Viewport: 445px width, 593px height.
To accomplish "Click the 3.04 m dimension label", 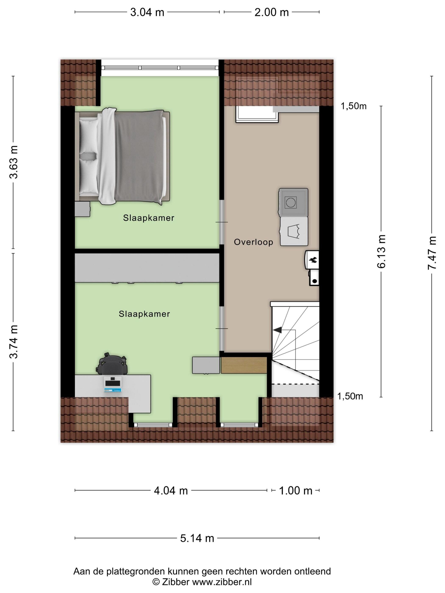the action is coord(147,12).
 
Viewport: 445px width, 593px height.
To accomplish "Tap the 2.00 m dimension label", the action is coord(271,12).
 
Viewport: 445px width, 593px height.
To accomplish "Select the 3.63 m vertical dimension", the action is coord(13,162).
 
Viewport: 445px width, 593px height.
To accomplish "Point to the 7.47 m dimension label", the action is coord(432,253).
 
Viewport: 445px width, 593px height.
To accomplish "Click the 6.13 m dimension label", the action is coord(381,251).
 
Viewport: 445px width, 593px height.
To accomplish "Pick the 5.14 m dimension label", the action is coord(197,538).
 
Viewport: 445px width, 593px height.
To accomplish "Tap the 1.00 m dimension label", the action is coord(296,490).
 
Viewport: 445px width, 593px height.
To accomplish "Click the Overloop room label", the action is coord(253,242).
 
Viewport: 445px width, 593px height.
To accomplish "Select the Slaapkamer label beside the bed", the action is coord(149,218).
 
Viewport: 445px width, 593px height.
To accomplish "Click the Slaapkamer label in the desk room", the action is coord(144,314).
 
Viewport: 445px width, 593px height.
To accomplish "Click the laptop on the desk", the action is coord(113,384).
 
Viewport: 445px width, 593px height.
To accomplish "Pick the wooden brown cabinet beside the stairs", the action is coord(244,365).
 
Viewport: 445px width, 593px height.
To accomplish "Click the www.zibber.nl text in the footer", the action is coord(222,582).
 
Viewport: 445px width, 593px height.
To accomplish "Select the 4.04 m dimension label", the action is coord(171,490).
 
